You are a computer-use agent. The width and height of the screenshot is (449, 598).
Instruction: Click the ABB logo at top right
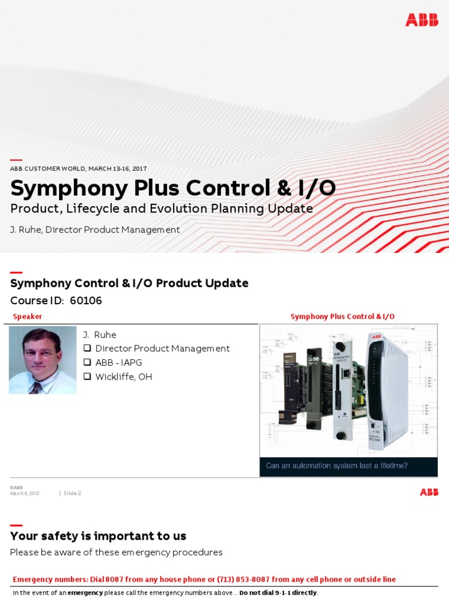click(x=422, y=20)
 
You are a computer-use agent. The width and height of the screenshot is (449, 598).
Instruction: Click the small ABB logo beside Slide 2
click(x=429, y=492)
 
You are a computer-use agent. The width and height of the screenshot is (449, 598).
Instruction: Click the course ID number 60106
click(x=86, y=301)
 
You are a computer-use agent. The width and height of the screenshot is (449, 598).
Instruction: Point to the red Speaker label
click(x=27, y=317)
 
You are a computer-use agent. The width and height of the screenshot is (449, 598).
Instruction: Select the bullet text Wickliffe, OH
click(x=123, y=377)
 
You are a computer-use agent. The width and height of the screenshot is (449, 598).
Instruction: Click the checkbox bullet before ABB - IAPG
click(x=87, y=363)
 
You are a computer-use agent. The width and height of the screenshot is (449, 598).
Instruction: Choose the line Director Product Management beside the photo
click(x=162, y=349)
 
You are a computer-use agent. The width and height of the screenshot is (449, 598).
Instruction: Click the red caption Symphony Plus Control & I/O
click(x=343, y=317)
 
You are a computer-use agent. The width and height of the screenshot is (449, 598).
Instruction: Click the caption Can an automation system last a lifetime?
click(x=337, y=466)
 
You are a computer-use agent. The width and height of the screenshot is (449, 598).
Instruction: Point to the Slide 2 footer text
click(x=72, y=493)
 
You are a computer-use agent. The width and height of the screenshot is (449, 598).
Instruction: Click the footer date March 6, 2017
click(x=25, y=493)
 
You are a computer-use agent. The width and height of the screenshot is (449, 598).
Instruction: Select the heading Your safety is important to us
click(x=98, y=536)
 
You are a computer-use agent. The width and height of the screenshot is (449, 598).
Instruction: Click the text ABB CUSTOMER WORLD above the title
click(x=48, y=169)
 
